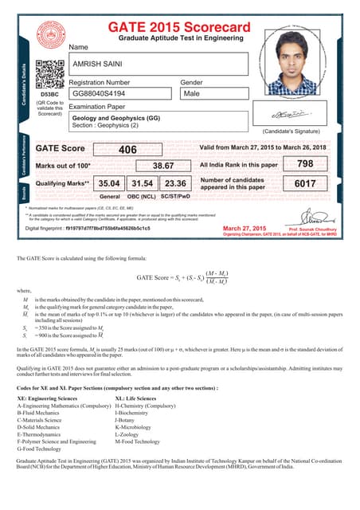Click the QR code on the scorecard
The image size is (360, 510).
49,74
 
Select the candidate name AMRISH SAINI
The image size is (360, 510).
100,63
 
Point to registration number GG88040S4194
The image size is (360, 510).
104,93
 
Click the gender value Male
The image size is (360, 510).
192,93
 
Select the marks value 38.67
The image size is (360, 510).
163,166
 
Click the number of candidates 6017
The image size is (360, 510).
304,183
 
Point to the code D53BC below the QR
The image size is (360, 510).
49,93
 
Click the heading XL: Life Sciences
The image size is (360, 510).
136,398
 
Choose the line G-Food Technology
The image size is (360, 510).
47,449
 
